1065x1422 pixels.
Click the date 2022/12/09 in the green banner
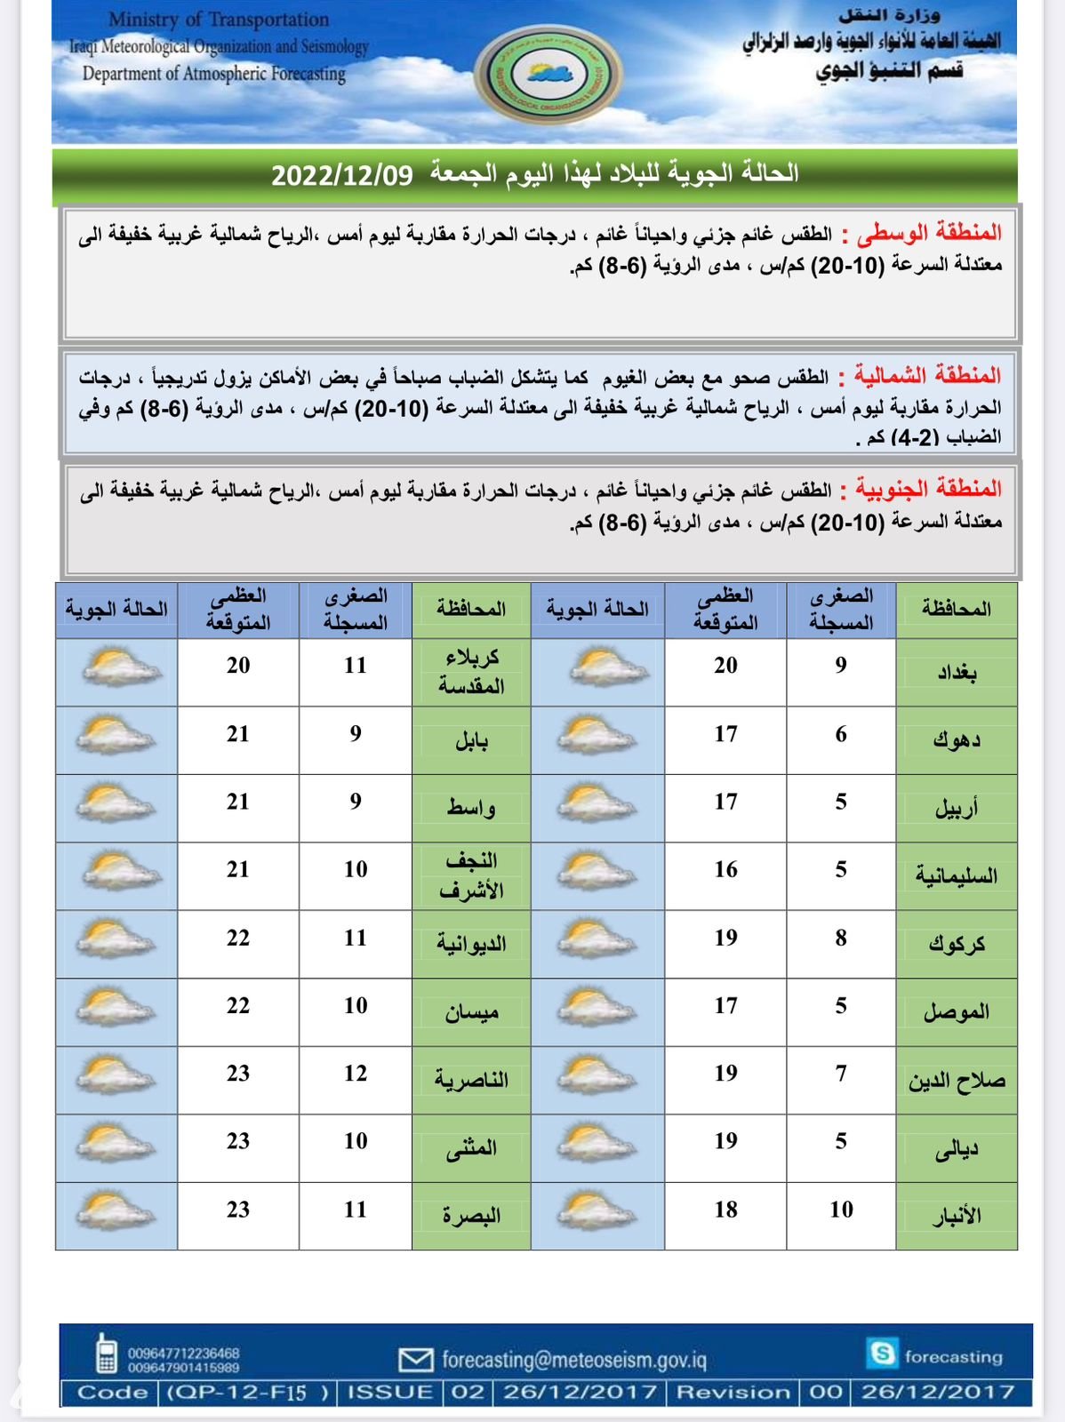[342, 174]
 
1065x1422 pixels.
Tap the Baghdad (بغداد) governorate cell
[957, 672]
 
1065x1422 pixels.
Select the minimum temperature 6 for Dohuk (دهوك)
[841, 734]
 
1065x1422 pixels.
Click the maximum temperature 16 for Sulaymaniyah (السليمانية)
[725, 869]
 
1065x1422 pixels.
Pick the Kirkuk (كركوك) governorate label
[957, 944]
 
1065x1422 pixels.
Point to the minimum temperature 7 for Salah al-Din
[841, 1074]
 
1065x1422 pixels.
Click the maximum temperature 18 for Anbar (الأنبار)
[725, 1210]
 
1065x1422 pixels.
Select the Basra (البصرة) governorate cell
[471, 1216]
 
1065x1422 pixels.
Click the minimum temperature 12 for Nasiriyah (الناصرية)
[356, 1074]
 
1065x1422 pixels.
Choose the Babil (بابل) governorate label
[471, 740]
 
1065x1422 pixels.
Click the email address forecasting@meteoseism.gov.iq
[573, 1360]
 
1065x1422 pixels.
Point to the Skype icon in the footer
[882, 1354]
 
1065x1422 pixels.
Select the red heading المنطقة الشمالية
[928, 376]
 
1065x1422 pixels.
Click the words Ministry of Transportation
[219, 20]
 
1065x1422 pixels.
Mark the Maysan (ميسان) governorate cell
[471, 1012]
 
